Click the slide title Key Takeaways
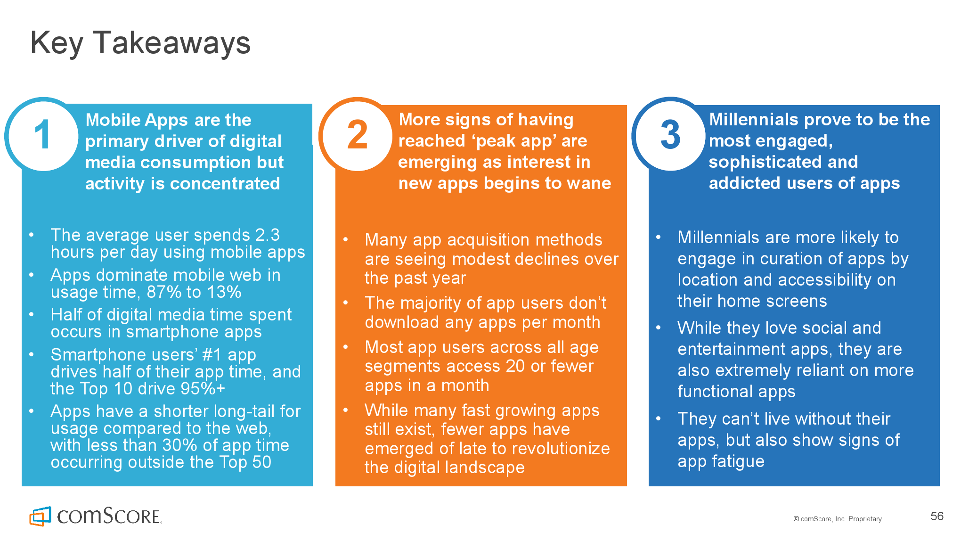(x=140, y=43)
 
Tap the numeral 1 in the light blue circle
(x=43, y=135)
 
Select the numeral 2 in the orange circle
(x=358, y=135)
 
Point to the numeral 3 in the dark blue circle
(x=670, y=135)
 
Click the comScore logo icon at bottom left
(x=40, y=516)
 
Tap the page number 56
(x=937, y=516)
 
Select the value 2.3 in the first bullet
(x=268, y=235)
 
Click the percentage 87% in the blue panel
(x=164, y=292)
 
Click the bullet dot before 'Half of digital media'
(x=31, y=314)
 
